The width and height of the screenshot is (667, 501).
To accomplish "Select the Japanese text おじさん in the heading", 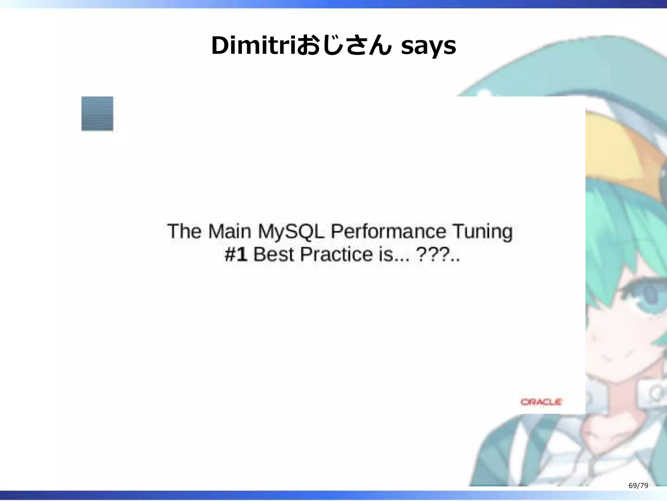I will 344,46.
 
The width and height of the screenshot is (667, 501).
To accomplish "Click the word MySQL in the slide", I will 291,232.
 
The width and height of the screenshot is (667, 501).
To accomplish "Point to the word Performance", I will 388,232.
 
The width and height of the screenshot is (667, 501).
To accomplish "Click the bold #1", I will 236,254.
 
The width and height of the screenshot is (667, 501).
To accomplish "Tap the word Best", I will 273,254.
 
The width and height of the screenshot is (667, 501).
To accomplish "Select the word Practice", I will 336,254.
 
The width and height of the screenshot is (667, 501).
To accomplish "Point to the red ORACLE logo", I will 541,402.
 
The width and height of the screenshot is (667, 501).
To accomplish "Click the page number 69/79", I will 638,486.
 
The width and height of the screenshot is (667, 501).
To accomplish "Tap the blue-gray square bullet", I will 97,114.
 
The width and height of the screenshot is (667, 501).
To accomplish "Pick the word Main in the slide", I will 229,232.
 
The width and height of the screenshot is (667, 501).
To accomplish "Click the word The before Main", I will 184,232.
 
